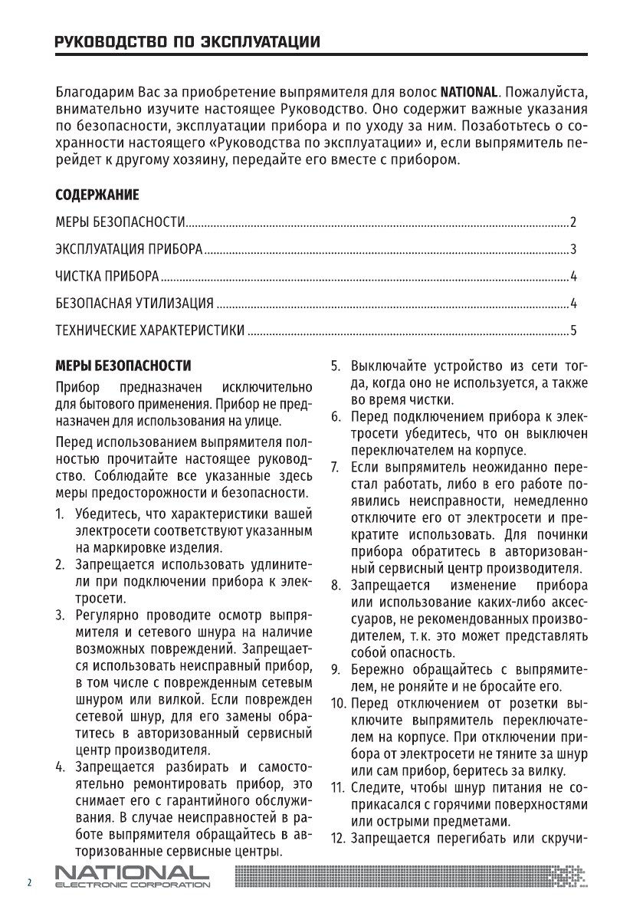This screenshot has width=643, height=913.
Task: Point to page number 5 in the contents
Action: [572, 331]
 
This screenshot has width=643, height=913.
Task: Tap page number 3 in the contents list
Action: [572, 249]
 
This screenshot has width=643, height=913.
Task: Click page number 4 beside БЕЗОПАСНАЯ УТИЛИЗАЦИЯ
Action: [572, 304]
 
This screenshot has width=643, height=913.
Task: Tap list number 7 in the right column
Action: [336, 466]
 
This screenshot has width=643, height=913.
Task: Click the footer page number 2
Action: [30, 883]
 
